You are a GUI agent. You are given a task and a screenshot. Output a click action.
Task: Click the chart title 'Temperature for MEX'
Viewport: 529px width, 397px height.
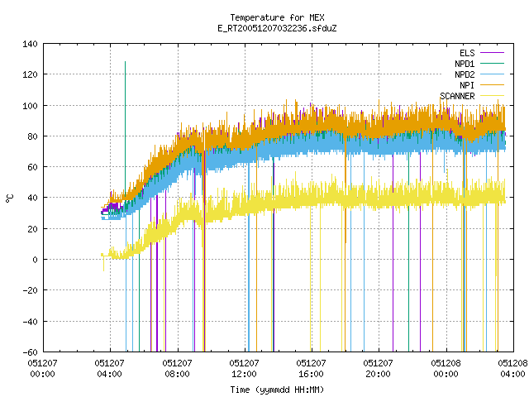[277, 17]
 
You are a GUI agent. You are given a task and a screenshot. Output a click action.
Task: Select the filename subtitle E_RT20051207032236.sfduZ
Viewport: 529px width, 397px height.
[277, 28]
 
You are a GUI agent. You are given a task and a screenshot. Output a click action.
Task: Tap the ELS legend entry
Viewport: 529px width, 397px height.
[481, 53]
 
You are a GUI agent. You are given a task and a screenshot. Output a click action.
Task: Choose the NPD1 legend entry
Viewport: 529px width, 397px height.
[479, 64]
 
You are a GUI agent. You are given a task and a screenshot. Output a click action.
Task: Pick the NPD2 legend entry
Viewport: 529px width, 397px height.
[479, 74]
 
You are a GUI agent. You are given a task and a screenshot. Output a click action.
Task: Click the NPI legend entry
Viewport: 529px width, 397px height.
[481, 85]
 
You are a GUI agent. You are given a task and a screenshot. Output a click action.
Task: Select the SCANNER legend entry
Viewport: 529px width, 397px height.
[472, 96]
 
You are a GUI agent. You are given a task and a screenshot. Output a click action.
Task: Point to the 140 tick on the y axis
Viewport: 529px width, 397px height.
[30, 44]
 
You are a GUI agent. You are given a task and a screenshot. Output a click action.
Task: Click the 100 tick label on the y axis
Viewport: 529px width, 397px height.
[30, 106]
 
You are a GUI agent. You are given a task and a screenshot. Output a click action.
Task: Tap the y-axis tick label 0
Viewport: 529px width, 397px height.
[35, 260]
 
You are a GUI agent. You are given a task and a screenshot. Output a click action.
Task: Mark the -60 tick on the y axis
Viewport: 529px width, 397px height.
[30, 352]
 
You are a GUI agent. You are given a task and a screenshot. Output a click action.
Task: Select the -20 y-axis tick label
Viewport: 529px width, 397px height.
[30, 290]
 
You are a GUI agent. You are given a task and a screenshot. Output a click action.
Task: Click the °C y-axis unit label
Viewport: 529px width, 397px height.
[9, 198]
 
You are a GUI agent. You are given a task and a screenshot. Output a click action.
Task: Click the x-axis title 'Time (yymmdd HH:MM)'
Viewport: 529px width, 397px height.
[277, 390]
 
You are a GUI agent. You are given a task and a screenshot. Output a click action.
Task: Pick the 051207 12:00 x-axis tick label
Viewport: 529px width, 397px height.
[244, 369]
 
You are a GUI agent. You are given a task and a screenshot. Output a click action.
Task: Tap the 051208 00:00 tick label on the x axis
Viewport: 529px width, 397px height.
[446, 369]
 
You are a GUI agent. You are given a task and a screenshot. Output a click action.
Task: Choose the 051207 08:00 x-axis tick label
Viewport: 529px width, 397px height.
[177, 369]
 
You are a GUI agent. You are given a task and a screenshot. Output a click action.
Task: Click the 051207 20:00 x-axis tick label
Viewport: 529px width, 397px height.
[378, 369]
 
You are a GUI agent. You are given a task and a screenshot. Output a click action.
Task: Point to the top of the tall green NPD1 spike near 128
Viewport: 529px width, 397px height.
[125, 62]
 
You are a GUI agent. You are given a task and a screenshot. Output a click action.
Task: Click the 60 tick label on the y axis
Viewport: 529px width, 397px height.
[32, 167]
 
